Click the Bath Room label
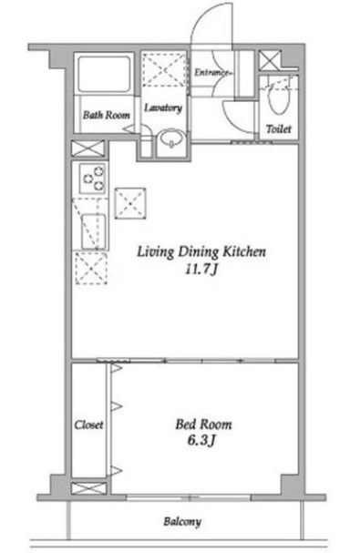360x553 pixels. click(107, 115)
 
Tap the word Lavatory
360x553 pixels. click(163, 108)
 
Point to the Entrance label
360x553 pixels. click(212, 72)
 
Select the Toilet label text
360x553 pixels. click(279, 129)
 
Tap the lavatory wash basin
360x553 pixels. click(171, 138)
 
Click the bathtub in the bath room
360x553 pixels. click(105, 74)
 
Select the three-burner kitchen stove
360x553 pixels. click(92, 179)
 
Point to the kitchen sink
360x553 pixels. click(94, 231)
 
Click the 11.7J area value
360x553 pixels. click(201, 270)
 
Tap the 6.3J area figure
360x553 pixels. click(201, 440)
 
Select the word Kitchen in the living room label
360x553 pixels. click(244, 251)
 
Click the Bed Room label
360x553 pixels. click(203, 425)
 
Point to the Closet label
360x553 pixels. click(88, 425)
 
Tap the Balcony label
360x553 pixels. click(182, 522)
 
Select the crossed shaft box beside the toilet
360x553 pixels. click(269, 60)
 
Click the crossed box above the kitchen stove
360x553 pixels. click(88, 148)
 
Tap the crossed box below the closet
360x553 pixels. click(88, 488)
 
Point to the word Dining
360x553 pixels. click(198, 252)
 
